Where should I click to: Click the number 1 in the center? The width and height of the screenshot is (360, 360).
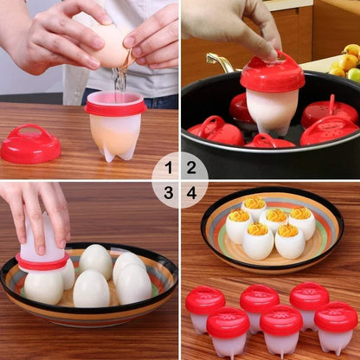[169, 168]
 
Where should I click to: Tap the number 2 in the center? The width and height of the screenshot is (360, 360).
[191, 168]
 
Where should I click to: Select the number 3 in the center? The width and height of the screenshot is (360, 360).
[169, 192]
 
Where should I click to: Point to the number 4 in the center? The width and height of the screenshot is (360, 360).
[191, 192]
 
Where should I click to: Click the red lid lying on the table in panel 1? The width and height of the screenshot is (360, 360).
[30, 144]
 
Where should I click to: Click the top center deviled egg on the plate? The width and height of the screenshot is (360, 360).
[254, 209]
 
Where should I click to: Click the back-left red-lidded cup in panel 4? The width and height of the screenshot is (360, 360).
[205, 307]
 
